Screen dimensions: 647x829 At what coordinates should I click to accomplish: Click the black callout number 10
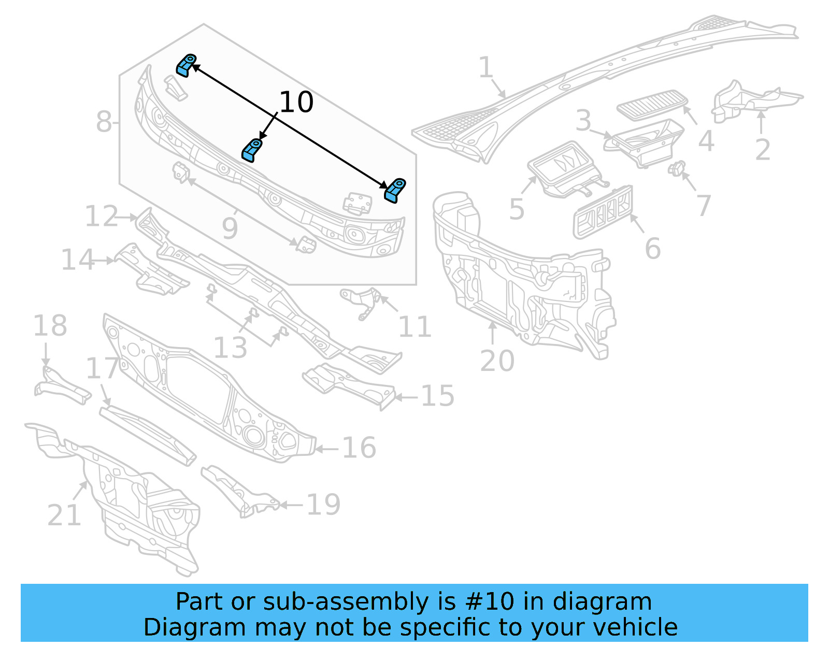[x=296, y=102]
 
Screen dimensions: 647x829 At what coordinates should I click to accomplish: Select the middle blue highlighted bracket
[x=252, y=150]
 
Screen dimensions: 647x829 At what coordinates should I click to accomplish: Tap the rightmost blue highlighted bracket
[x=395, y=190]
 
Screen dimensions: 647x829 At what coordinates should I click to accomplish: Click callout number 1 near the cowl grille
[x=485, y=68]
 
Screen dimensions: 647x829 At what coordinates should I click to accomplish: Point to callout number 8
[x=104, y=122]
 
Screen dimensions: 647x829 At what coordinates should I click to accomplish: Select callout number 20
[x=497, y=361]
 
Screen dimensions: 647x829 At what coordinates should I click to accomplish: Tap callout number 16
[x=359, y=448]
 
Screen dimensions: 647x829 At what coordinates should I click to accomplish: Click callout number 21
[x=64, y=515]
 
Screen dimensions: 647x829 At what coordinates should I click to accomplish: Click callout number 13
[x=230, y=348]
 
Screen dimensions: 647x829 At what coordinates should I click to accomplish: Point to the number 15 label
[x=438, y=396]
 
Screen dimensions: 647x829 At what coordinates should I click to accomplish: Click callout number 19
[x=323, y=504]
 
